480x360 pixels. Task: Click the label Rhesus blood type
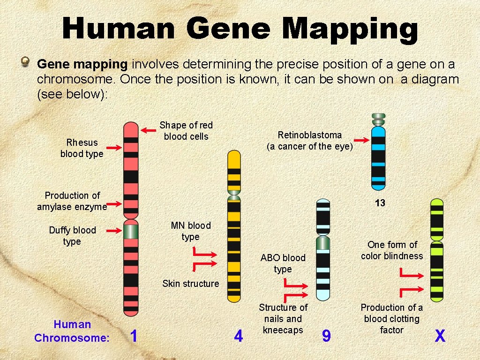tap(82, 148)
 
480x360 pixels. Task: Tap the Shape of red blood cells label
tap(186, 131)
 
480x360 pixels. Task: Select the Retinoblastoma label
tap(309, 141)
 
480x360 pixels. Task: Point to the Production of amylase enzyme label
tap(72, 201)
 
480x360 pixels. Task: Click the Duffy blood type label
tap(72, 236)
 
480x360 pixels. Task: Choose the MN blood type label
tap(191, 231)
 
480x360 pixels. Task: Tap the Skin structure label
tap(190, 284)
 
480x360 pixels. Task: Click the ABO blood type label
tap(283, 263)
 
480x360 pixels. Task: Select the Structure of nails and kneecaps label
tap(283, 319)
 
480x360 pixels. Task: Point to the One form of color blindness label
tap(392, 250)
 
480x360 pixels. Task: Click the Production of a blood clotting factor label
tap(391, 319)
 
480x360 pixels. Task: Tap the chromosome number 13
tap(380, 203)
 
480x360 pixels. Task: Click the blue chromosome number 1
tap(134, 336)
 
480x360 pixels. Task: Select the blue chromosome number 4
tap(239, 336)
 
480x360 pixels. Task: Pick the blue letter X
tap(440, 336)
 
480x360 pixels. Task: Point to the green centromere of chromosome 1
tap(131, 231)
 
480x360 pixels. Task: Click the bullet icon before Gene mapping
tap(27, 61)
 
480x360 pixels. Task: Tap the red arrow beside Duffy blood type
tap(114, 231)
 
